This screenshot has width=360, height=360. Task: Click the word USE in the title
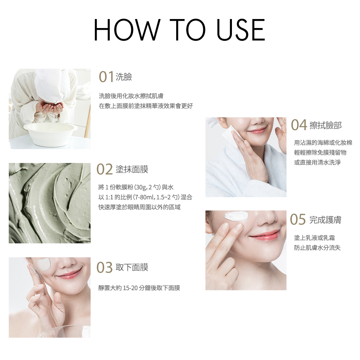coord(241,30)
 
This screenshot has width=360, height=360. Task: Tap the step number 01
coord(106,77)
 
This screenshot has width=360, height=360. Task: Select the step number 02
coord(105,169)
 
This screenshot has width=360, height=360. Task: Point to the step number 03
coord(105,268)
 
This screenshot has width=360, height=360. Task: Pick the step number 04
coord(299,125)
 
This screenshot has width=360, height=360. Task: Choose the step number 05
coord(298,219)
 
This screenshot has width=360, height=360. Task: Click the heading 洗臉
coord(124,77)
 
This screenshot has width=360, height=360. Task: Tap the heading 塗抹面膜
coord(132,169)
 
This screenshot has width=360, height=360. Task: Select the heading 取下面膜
coord(132,268)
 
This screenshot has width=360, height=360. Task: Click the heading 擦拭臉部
coord(326,125)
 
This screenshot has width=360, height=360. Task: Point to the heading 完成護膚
coord(325,220)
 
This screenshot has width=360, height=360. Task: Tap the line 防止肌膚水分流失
coord(317,248)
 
